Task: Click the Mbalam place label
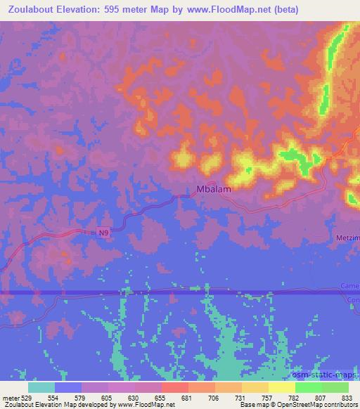[x=214, y=188]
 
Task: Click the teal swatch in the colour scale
[x=41, y=387]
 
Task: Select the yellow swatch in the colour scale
[x=281, y=387]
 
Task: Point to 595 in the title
[x=112, y=10]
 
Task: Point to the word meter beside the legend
[x=11, y=398]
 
